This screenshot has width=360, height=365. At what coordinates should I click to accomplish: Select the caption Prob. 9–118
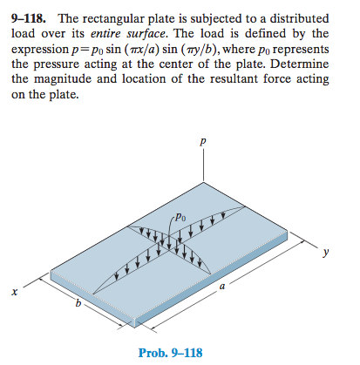coord(170,352)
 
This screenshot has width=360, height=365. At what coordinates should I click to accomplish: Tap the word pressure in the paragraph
coord(58,64)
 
